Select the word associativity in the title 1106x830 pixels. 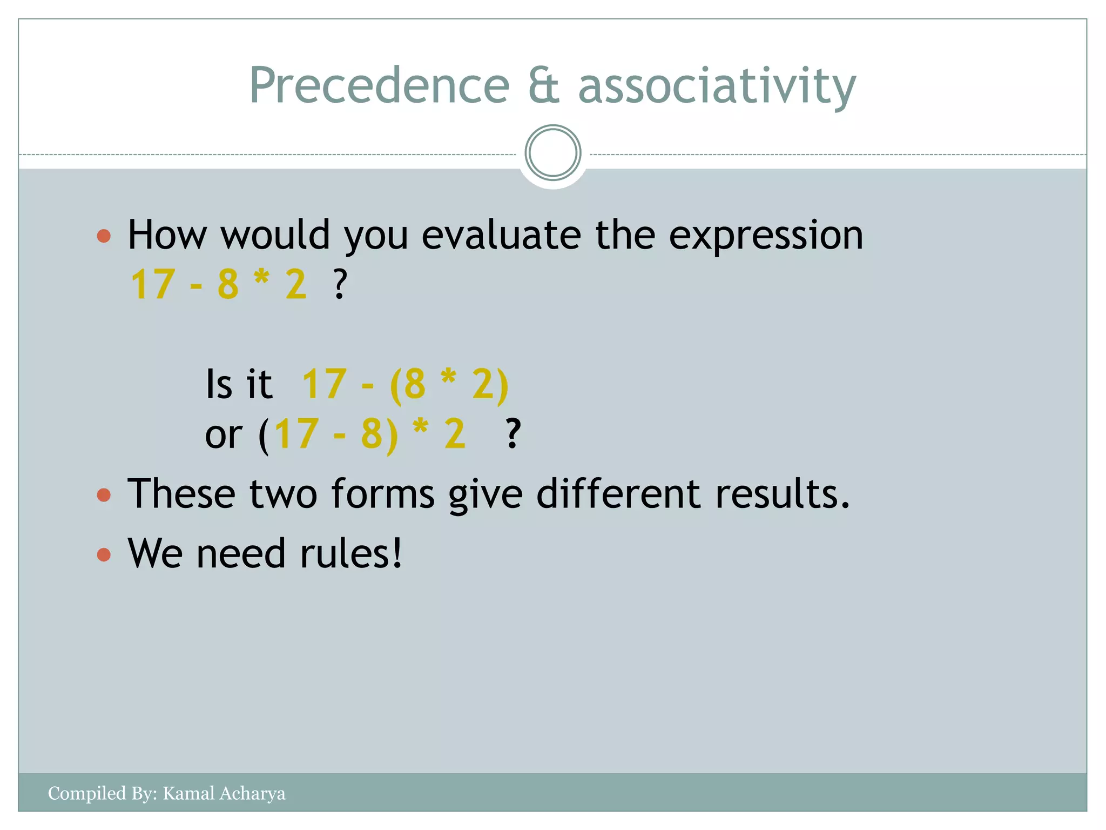pos(717,86)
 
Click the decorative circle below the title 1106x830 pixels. pos(552,153)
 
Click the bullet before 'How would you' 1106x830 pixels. pos(104,236)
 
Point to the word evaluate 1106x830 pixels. pos(501,236)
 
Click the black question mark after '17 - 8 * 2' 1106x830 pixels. pos(340,285)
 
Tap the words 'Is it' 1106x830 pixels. pos(239,385)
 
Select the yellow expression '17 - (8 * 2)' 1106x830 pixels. pos(405,385)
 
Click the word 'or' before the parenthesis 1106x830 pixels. pos(224,434)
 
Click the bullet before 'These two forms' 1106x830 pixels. pos(104,495)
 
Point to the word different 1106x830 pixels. pos(618,494)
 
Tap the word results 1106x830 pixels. pos(782,494)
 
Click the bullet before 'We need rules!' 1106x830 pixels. pos(104,554)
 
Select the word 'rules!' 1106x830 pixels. pos(351,554)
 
